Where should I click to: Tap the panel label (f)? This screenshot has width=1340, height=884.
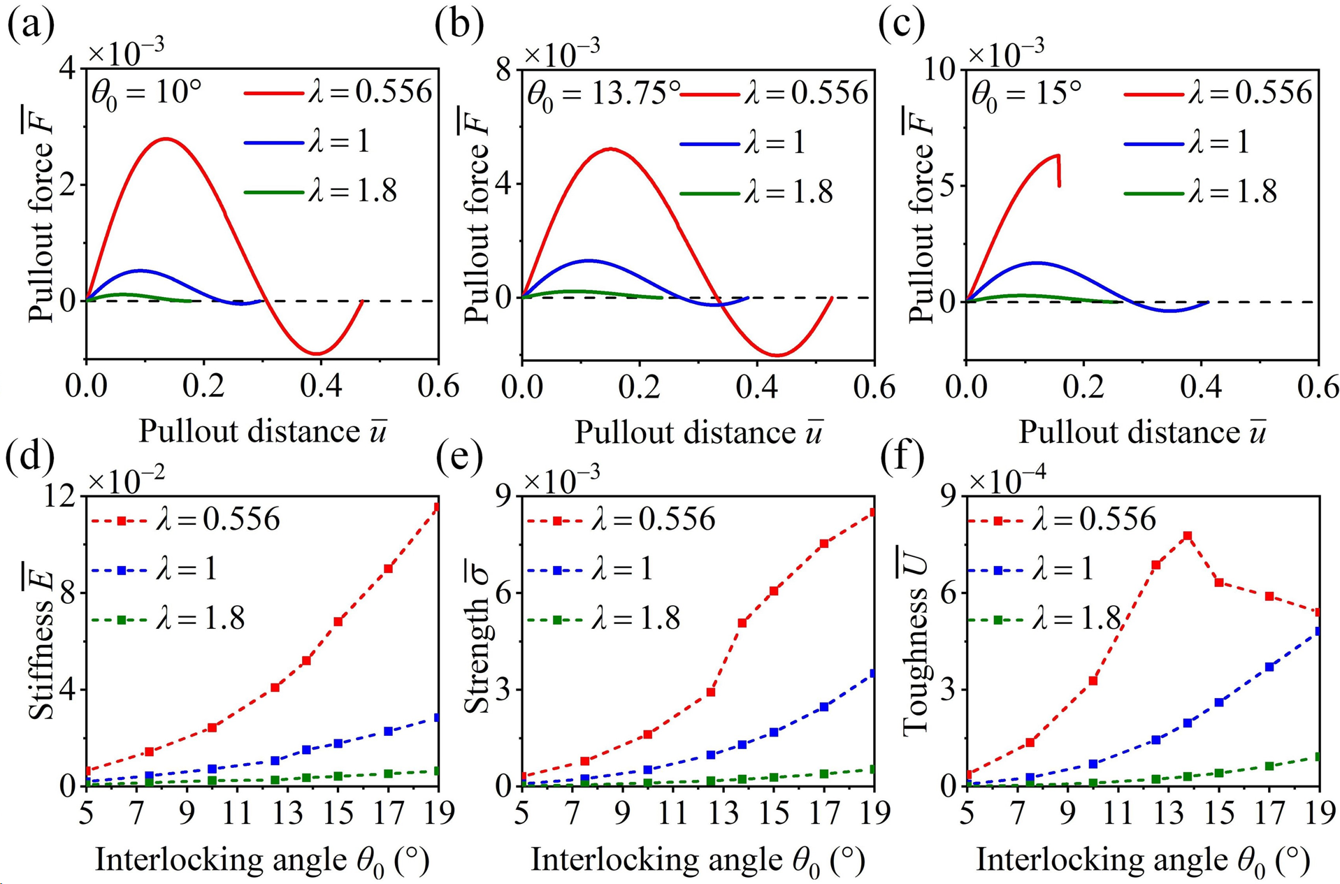902,456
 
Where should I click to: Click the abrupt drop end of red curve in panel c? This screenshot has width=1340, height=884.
1060,185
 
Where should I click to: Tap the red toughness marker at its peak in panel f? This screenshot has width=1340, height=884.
1187,536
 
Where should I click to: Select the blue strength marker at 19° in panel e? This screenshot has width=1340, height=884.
874,674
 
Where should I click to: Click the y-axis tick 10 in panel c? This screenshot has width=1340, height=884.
941,70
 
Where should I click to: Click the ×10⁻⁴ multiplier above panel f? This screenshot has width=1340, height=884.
1007,479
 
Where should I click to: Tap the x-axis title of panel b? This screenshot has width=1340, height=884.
698,433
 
